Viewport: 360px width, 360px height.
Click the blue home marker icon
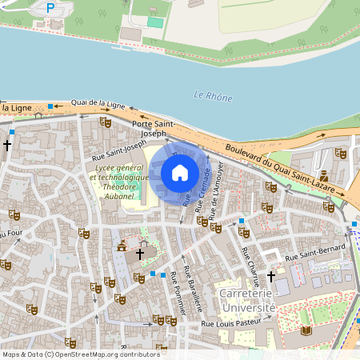point(180,172)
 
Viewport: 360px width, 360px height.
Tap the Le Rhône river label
point(213,97)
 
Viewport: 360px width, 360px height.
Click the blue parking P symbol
point(50,8)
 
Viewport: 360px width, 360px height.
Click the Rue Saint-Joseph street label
point(119,150)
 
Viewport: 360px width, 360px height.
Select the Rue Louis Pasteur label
point(233,323)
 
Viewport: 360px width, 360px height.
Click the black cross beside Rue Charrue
point(270,276)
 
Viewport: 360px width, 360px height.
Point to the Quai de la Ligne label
point(98,103)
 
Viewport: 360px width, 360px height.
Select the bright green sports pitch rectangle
point(154,22)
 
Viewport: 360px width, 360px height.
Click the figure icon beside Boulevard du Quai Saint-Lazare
point(323,175)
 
